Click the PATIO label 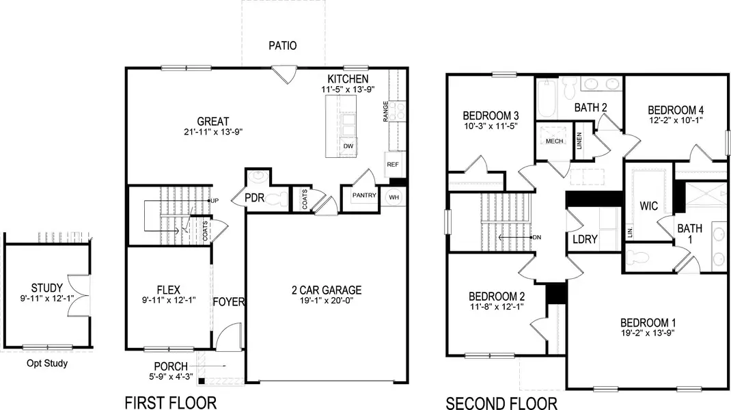pyautogui.click(x=283, y=46)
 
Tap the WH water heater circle pyautogui.click(x=394, y=197)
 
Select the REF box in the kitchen pyautogui.click(x=392, y=165)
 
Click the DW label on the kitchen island pyautogui.click(x=348, y=146)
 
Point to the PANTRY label pyautogui.click(x=364, y=195)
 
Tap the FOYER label pyautogui.click(x=229, y=302)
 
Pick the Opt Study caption pyautogui.click(x=47, y=364)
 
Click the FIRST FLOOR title pyautogui.click(x=170, y=402)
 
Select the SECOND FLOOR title pyautogui.click(x=501, y=402)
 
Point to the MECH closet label pyautogui.click(x=553, y=141)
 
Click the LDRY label pyautogui.click(x=585, y=239)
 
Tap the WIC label pyautogui.click(x=648, y=206)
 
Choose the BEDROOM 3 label pyautogui.click(x=491, y=115)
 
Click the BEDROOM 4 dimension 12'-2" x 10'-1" pyautogui.click(x=675, y=121)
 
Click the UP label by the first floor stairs pyautogui.click(x=215, y=201)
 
